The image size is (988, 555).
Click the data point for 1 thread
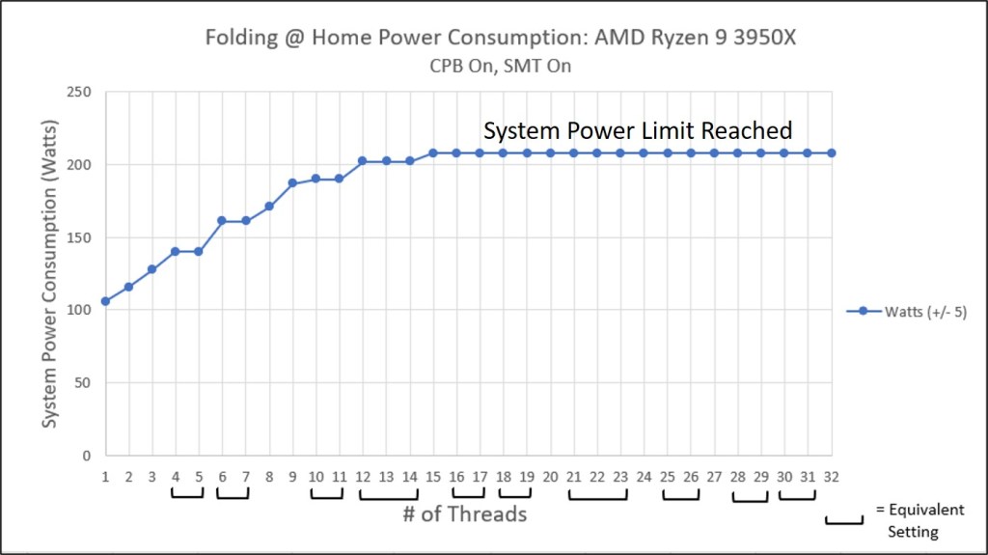(105, 301)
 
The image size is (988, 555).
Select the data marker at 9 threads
(292, 182)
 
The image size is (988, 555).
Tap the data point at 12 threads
(363, 161)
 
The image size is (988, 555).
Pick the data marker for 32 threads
(831, 153)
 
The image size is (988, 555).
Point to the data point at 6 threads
(222, 221)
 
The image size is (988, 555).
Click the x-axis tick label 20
(550, 477)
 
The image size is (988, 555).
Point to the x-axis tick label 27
(714, 477)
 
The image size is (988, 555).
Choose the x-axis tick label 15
(433, 477)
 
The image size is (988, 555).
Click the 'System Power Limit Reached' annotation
(638, 130)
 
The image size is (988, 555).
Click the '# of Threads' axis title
(465, 513)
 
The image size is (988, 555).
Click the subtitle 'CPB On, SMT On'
(495, 68)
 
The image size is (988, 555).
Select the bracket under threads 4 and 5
(187, 496)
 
